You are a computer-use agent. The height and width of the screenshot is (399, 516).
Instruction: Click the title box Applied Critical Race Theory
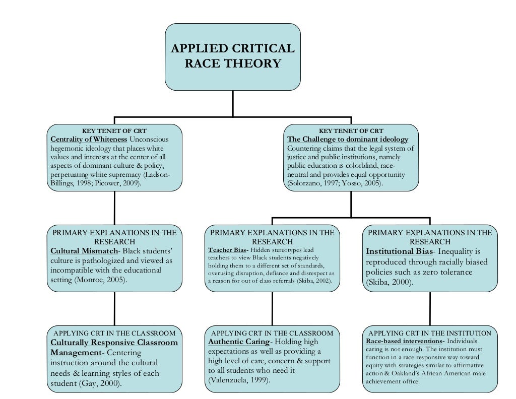(x=232, y=56)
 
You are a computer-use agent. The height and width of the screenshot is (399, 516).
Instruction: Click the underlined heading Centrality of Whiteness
(x=89, y=139)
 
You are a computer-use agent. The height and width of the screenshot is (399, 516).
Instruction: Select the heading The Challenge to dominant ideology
(x=347, y=139)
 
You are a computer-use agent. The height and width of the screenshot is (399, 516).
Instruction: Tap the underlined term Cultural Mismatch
(x=84, y=251)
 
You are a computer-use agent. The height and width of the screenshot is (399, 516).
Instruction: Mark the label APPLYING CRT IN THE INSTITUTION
(x=430, y=333)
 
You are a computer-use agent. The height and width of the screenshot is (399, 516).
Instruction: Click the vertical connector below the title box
(x=233, y=103)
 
